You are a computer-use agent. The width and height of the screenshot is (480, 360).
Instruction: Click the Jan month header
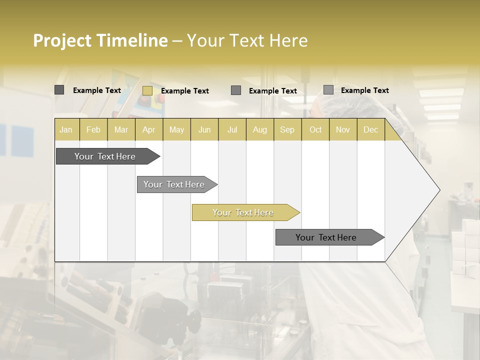(x=66, y=129)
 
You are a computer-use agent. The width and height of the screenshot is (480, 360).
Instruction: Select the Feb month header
(x=93, y=129)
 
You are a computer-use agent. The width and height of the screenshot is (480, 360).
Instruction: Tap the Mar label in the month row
(x=121, y=129)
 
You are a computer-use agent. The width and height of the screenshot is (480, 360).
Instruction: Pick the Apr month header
(x=149, y=129)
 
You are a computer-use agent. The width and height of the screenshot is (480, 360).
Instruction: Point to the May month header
(x=176, y=129)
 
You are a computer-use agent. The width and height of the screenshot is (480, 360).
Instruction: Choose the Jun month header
(x=204, y=129)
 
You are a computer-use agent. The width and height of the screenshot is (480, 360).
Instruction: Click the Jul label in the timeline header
(x=232, y=129)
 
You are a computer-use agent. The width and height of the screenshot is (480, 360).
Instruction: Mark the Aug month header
(x=260, y=129)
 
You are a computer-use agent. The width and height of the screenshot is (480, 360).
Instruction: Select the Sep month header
(x=287, y=129)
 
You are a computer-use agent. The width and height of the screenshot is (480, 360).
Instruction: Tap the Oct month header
(x=315, y=129)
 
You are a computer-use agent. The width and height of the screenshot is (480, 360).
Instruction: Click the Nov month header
(x=343, y=129)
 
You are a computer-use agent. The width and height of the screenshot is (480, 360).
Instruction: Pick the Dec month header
(x=371, y=129)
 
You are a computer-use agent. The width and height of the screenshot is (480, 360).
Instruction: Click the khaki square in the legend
(x=147, y=90)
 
